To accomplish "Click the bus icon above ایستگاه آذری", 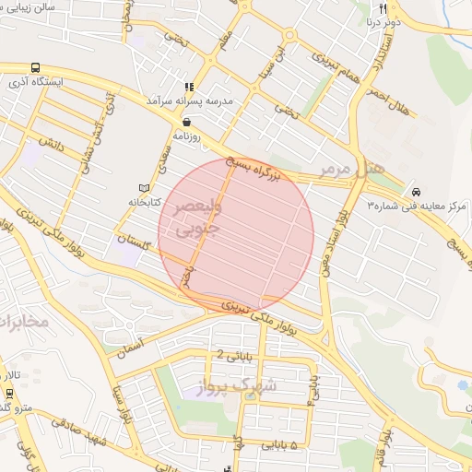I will [36, 67].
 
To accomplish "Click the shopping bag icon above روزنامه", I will [187, 121].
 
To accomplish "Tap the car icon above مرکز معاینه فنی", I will [418, 191].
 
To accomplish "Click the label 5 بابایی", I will [281, 445].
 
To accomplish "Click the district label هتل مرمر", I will [350, 170].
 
